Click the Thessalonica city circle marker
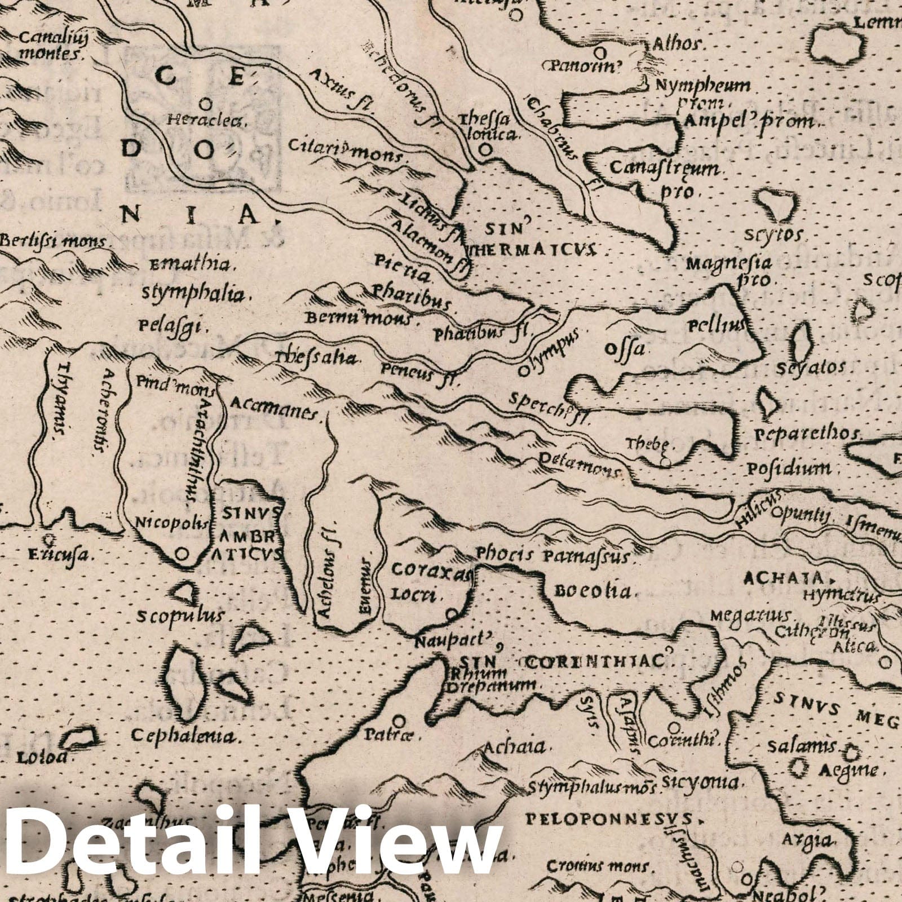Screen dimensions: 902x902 [484, 151]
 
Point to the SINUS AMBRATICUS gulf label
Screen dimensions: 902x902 [250, 534]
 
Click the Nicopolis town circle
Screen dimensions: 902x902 [182, 554]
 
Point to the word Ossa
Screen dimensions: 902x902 [624, 348]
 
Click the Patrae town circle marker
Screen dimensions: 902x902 [399, 720]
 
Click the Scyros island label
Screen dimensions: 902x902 [781, 235]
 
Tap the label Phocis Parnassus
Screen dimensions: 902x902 [552, 556]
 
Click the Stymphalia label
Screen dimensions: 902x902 [193, 294]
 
